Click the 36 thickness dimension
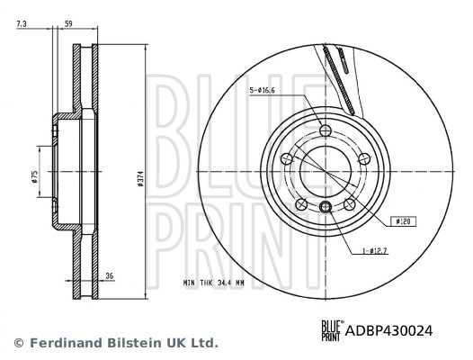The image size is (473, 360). coord(109,277)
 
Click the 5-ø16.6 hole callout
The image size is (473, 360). coord(264,90)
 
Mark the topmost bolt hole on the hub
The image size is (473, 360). coord(326,132)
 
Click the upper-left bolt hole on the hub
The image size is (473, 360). coord(287,159)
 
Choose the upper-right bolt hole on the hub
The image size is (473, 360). coord(363,159)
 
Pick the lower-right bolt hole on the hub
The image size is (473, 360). coord(349,205)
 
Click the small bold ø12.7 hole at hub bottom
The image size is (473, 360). coord(326,210)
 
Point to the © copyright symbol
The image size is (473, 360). coord(18,343)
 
